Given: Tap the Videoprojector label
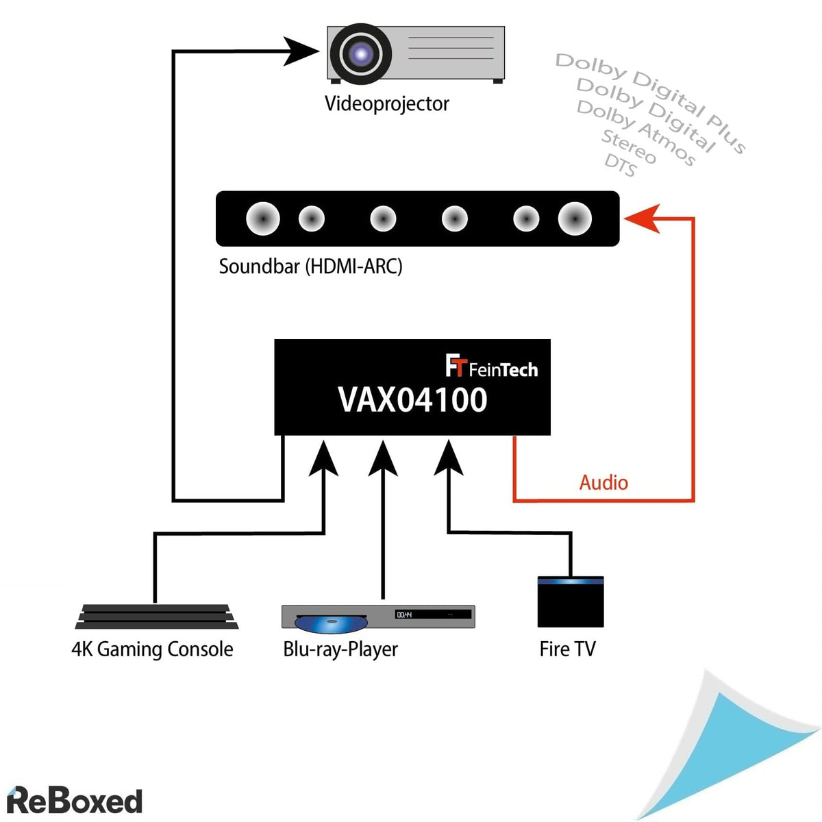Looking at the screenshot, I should tap(386, 103).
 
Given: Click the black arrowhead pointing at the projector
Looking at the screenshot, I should tap(302, 51).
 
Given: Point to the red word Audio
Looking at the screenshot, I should tap(603, 482).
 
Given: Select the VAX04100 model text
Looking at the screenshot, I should tap(412, 400).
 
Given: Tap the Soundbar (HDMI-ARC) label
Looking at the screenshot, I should tap(310, 266).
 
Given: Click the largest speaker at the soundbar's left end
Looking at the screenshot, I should tap(263, 219).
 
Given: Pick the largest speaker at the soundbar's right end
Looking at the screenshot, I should tap(575, 219).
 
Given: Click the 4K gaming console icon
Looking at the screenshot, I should tap(157, 616).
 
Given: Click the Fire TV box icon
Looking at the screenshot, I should tap(570, 602).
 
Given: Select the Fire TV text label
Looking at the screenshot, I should tap(567, 649).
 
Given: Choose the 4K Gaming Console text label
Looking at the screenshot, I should tap(152, 649).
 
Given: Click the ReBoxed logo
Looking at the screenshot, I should tap(74, 800).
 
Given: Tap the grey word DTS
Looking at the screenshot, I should tap(620, 165).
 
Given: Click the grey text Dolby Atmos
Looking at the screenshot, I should tap(636, 132).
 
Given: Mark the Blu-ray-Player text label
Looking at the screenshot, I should tap(340, 649).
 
